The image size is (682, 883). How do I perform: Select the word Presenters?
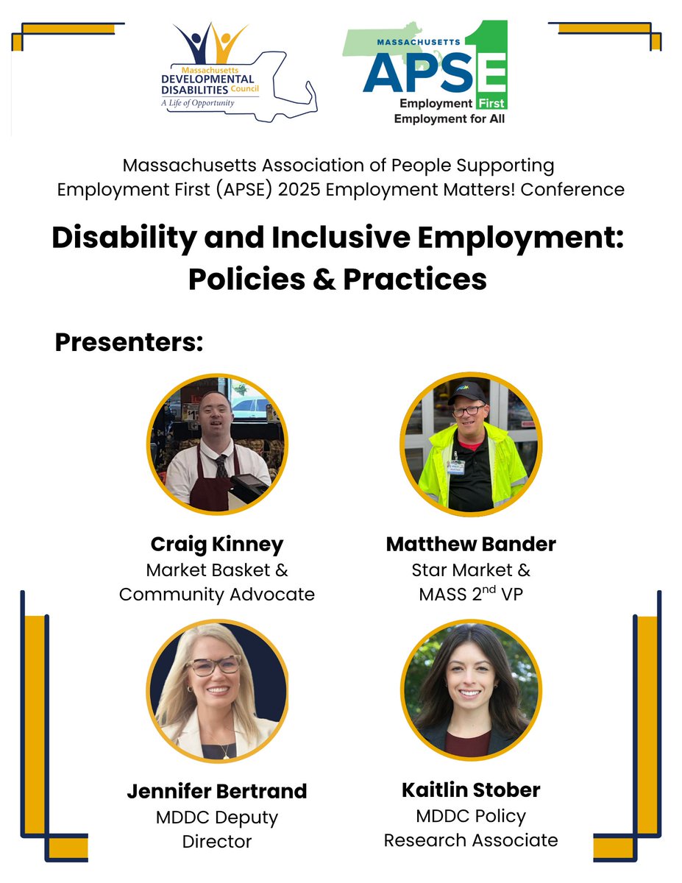[x=129, y=342]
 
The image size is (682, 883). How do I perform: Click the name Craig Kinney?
[x=217, y=545]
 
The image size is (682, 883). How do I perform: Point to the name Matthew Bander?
[x=471, y=545]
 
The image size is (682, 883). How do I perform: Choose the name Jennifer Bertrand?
[x=217, y=792]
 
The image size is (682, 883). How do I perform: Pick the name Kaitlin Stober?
[x=471, y=790]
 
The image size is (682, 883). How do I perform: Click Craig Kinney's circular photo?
[x=217, y=444]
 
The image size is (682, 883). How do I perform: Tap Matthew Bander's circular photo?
[x=471, y=444]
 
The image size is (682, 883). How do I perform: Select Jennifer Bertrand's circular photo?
[x=217, y=692]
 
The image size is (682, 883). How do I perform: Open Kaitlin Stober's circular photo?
[x=471, y=691]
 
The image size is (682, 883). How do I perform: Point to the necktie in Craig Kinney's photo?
[x=221, y=467]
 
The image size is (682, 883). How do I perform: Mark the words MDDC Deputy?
[x=217, y=818]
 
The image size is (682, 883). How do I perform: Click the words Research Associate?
[x=471, y=840]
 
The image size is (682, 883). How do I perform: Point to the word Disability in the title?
[x=121, y=239]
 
